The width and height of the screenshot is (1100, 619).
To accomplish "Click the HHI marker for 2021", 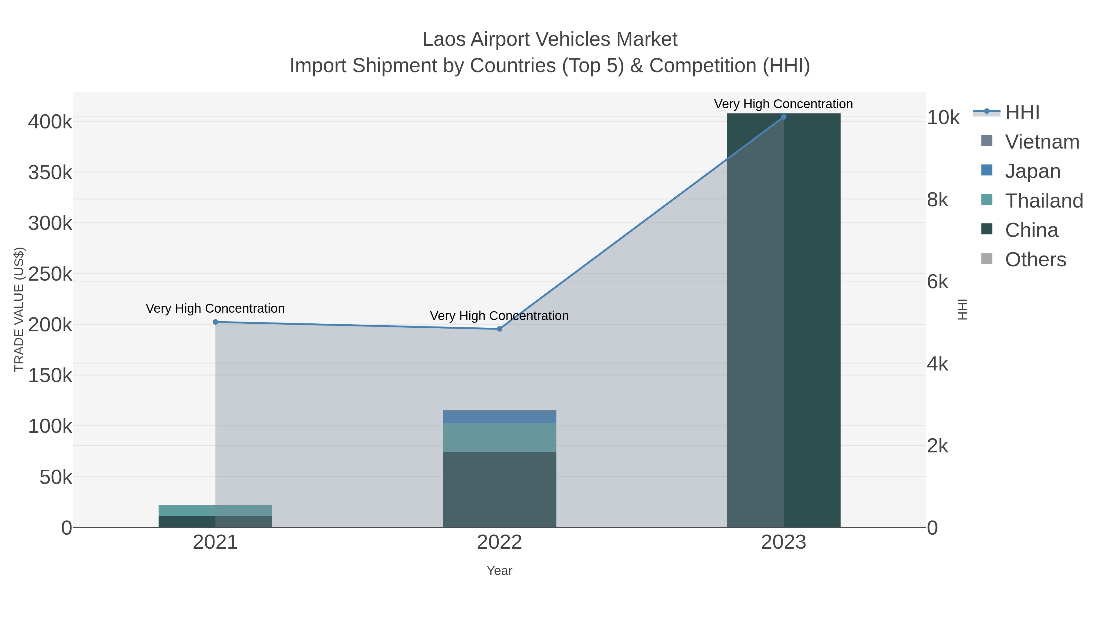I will pos(215,322).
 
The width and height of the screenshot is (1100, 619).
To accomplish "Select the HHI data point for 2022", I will pos(499,329).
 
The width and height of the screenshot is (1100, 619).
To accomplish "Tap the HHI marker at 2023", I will pos(783,117).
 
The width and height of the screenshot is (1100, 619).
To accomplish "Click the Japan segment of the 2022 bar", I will pos(499,417).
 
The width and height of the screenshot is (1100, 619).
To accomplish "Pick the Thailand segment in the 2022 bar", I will pos(499,438).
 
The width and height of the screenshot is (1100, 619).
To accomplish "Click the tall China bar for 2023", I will pos(783,320).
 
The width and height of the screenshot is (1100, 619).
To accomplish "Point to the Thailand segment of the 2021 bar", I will pos(215,510).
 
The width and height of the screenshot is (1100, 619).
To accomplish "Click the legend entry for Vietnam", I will pos(1042,142).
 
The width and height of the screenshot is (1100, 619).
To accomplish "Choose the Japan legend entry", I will pos(1032,171).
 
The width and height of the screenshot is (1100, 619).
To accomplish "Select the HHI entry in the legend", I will pos(1022,112).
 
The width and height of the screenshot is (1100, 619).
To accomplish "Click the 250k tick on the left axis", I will pos(50,274).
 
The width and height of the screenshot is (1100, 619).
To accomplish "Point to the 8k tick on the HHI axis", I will pos(938,200).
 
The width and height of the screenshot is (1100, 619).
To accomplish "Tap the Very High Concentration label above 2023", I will pos(783,104).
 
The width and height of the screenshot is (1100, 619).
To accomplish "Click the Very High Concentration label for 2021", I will pos(215,308).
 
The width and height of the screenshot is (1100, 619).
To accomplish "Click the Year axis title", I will pos(499,571).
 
